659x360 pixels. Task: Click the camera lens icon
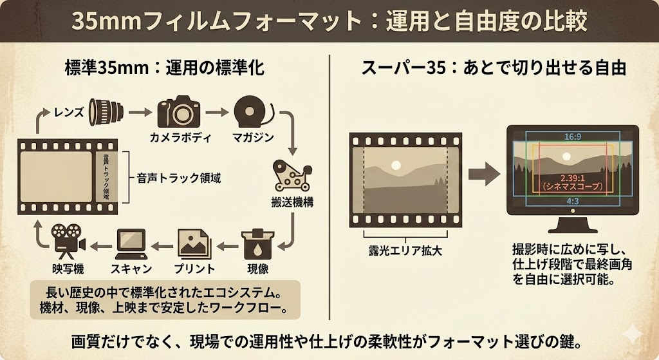[x=106, y=112]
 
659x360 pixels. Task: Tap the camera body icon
[x=179, y=111]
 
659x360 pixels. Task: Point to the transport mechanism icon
[x=292, y=176]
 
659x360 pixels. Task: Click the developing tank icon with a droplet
[x=257, y=244]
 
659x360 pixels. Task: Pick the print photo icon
[x=194, y=244]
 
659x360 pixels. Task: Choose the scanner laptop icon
[x=131, y=244]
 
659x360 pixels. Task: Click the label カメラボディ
[x=180, y=138]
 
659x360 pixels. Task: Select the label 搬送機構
[x=292, y=202]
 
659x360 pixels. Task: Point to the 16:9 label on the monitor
[x=572, y=137]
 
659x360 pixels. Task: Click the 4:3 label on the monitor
[x=572, y=201]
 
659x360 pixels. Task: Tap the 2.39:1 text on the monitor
[x=572, y=178]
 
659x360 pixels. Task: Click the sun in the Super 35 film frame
[x=396, y=166]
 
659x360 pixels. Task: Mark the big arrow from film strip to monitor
[x=484, y=174]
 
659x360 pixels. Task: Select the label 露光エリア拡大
[x=405, y=251]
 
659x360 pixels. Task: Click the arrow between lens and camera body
[x=140, y=112]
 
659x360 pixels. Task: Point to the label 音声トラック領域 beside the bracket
[x=179, y=178]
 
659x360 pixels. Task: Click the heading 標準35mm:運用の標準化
[x=165, y=68]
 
